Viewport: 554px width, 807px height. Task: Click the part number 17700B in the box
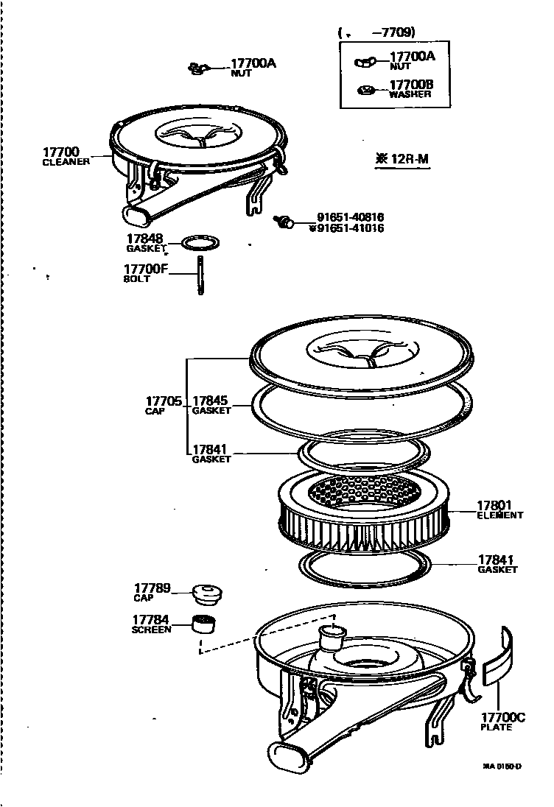coord(411,85)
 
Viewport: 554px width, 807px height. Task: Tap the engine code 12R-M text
coord(402,158)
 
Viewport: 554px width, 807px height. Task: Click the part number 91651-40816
coord(351,217)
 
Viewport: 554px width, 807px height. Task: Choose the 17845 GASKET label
coord(211,405)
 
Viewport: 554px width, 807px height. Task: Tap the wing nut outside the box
coord(196,68)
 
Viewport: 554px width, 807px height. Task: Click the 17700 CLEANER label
coord(66,155)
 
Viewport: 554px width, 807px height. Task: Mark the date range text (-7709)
coord(377,32)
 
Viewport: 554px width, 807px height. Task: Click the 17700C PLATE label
coord(503,722)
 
